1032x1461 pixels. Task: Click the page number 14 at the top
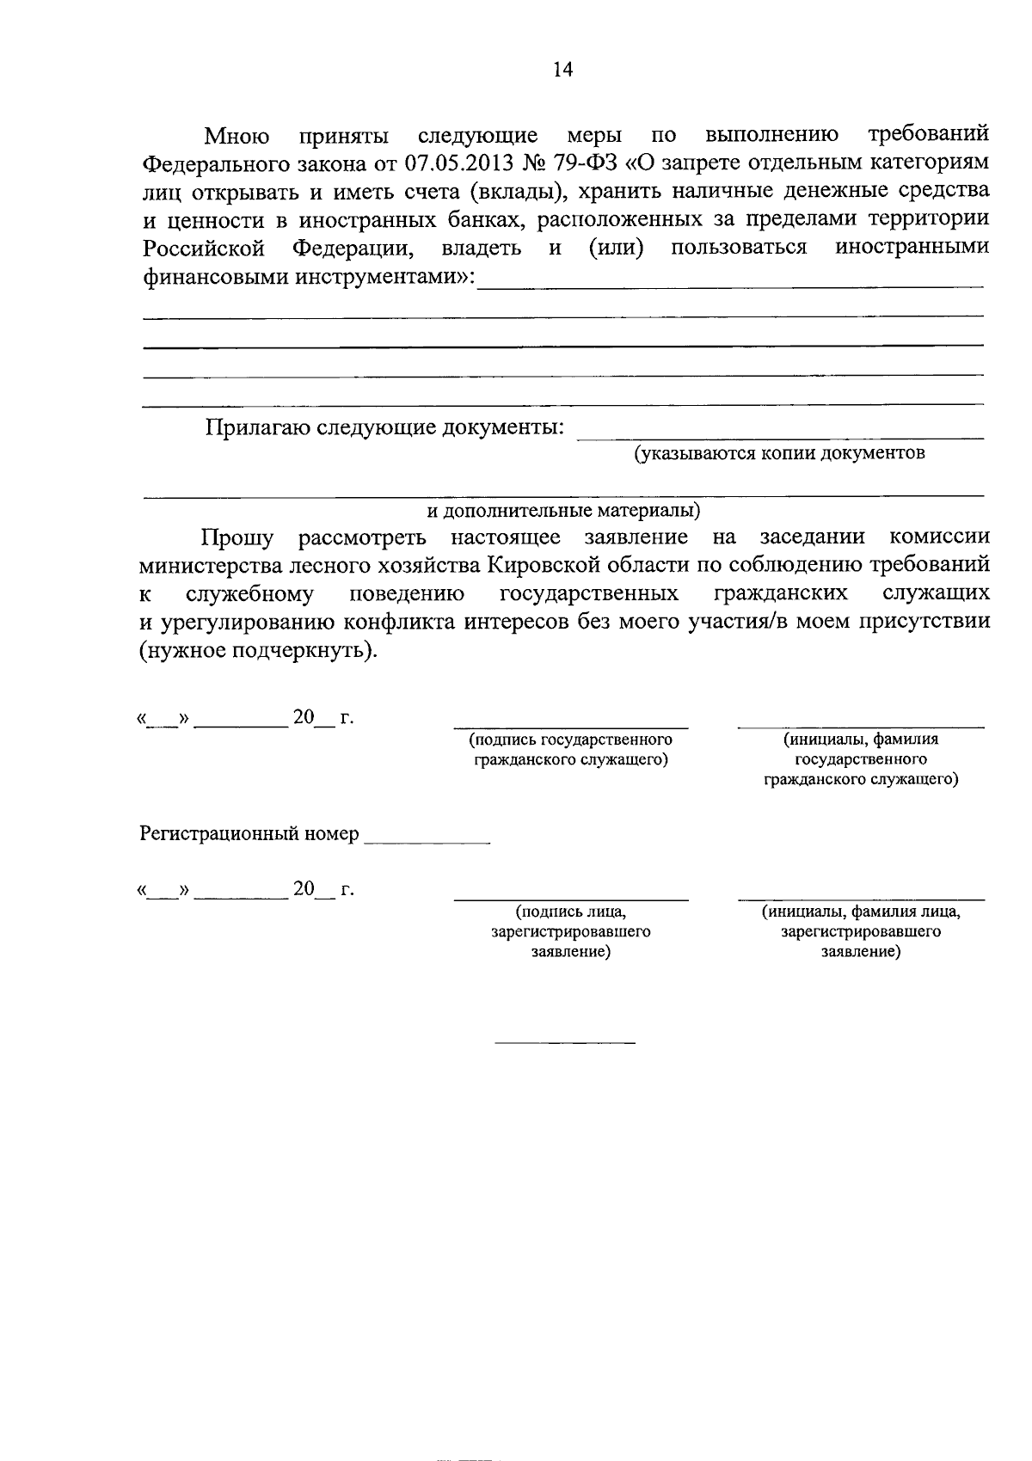click(x=562, y=71)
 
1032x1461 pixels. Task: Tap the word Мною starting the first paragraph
click(x=237, y=136)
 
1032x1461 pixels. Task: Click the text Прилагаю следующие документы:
click(x=384, y=427)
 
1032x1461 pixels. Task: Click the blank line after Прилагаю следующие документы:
click(x=779, y=437)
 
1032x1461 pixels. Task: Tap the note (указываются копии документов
click(x=779, y=453)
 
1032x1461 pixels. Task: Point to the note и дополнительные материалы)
click(x=563, y=511)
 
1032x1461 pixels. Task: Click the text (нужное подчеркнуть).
click(x=258, y=650)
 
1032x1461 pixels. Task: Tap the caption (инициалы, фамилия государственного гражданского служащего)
click(x=860, y=759)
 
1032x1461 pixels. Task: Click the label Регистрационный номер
click(x=249, y=833)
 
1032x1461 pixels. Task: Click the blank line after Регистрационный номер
click(x=427, y=840)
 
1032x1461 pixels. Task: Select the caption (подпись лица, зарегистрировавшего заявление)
click(x=570, y=931)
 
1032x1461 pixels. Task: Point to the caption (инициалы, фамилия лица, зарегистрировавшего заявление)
click(x=860, y=931)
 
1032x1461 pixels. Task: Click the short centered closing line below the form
click(x=565, y=1043)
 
